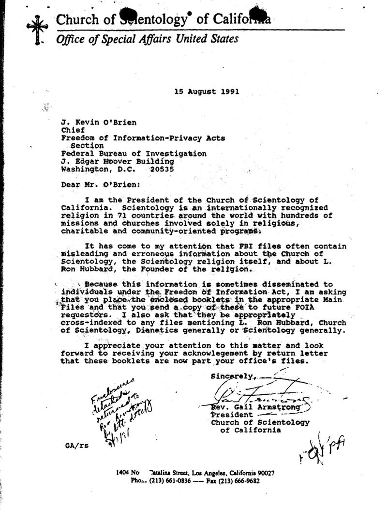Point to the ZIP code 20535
[x=162, y=169]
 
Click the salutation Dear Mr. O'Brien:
[x=97, y=185]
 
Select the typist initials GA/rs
[x=74, y=445]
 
